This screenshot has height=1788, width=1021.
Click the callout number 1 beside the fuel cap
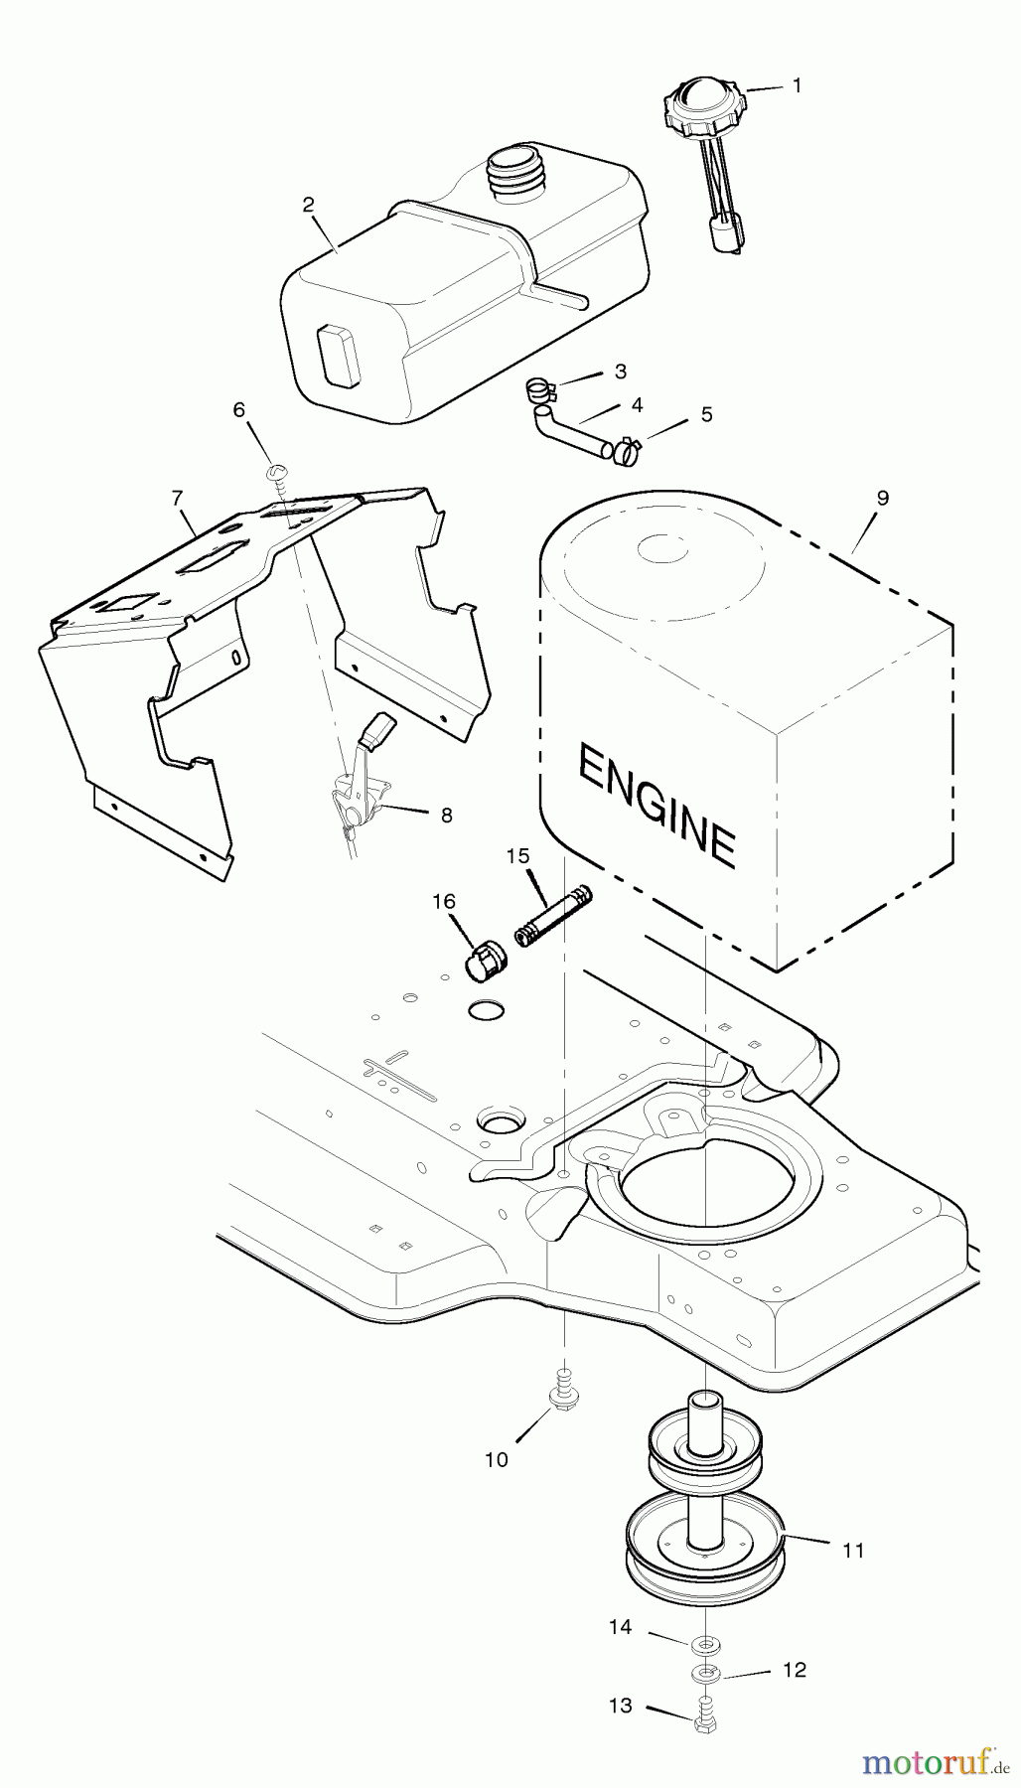point(797,85)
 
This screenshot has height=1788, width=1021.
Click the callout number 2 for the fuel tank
point(308,205)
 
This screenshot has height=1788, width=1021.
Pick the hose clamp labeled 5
point(626,452)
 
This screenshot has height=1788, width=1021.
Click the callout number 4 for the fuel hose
point(638,404)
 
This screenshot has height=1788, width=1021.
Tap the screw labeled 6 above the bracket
point(279,474)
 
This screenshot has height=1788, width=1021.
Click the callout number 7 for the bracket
point(178,497)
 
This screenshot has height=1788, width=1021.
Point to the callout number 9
point(882,498)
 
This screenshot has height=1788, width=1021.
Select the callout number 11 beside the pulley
point(853,1550)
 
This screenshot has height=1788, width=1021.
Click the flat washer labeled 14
point(705,1644)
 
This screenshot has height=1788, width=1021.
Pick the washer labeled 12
point(706,1675)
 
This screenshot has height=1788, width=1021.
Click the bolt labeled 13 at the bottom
point(704,1715)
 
